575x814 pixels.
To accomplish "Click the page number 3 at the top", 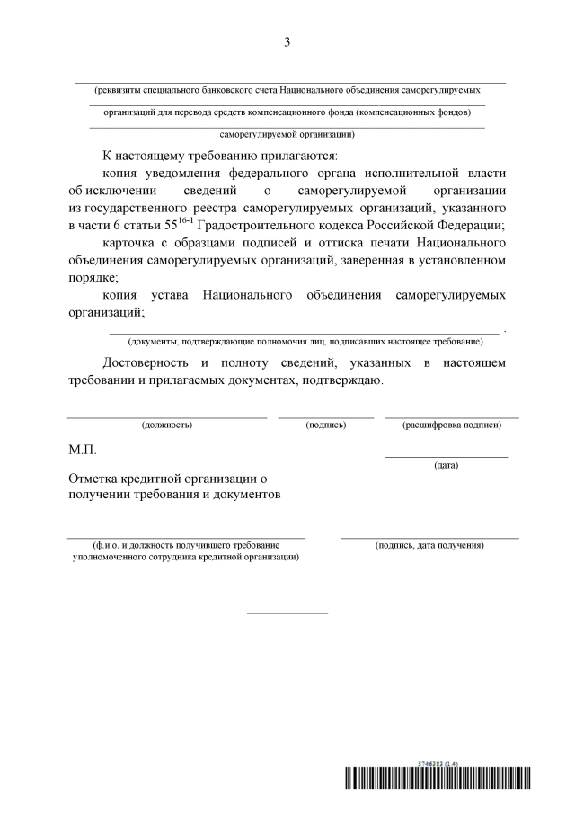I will [287, 42].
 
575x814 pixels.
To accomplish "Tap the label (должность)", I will [166, 425].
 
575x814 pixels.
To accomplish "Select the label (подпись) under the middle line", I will [325, 425].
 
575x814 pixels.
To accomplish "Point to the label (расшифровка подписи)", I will [452, 425].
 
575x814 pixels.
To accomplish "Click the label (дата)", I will [446, 465].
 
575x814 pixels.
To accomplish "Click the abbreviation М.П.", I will [82, 449].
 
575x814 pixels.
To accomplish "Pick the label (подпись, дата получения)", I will [430, 545].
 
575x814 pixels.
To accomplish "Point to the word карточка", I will [131, 243].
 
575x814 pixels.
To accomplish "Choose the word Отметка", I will [96, 478].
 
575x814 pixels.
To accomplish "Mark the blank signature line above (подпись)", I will [325, 417].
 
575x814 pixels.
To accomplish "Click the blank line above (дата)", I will [446, 457].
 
